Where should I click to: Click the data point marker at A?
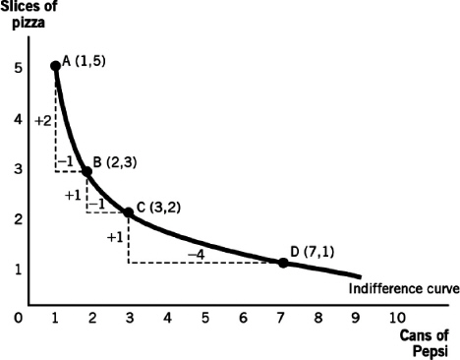point(55,66)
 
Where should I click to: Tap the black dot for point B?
point(86,171)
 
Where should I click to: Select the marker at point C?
point(129,211)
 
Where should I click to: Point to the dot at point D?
point(283,263)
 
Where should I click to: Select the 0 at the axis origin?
point(19,318)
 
